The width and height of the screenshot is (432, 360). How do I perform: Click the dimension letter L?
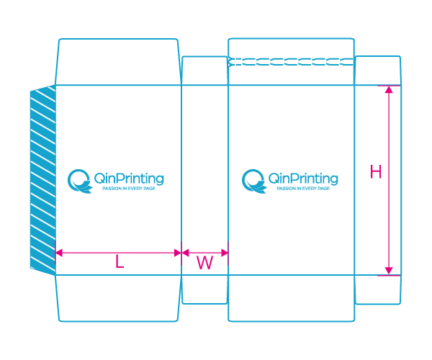(120, 264)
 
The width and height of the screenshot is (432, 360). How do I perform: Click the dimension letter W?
(205, 264)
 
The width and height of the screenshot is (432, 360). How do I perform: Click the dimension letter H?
(376, 172)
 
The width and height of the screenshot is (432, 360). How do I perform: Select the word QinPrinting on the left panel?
(129, 178)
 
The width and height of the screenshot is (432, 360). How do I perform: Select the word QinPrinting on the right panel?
(303, 178)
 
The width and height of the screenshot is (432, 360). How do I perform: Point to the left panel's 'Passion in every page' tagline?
(129, 189)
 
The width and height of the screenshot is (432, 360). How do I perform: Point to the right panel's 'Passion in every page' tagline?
(303, 189)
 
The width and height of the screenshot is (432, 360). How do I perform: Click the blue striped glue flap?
(43, 180)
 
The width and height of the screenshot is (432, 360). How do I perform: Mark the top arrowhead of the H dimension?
(390, 89)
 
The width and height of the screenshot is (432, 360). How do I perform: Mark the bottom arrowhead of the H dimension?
(390, 271)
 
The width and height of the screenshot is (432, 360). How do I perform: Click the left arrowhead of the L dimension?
(58, 253)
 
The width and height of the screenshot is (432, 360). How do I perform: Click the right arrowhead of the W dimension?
(225, 253)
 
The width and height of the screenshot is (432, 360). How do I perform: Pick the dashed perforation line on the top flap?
(291, 63)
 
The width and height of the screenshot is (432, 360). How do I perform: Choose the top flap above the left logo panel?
(117, 62)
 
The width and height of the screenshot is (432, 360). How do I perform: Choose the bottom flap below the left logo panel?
(117, 297)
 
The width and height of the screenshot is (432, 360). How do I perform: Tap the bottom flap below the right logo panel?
(291, 297)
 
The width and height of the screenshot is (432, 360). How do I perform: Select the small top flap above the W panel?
(204, 71)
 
